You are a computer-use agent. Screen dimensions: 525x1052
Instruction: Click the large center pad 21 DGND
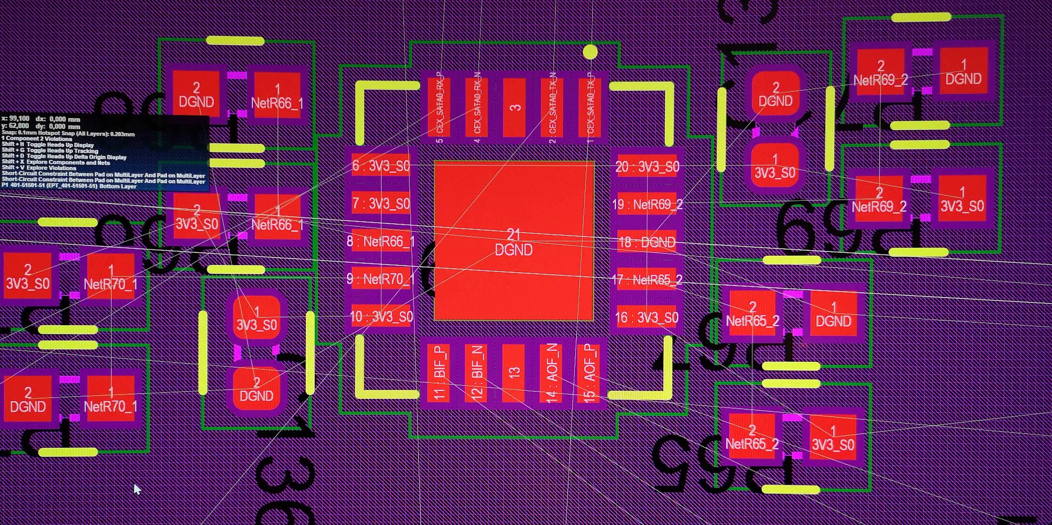coord(513,241)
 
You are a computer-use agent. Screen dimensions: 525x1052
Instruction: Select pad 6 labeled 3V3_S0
coord(381,166)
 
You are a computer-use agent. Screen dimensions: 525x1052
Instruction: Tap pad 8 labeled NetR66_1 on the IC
coord(381,242)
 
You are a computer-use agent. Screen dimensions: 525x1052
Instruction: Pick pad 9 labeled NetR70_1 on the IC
coord(381,279)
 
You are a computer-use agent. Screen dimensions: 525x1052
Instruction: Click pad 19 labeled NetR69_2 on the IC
coord(647,204)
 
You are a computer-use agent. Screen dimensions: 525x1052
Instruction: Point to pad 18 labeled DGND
coord(647,242)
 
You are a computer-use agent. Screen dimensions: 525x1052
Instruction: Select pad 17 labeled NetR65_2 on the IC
coord(647,280)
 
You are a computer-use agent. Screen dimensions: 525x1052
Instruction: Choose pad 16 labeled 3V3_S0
coord(647,317)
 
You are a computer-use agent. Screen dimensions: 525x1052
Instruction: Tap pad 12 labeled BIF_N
coord(476,372)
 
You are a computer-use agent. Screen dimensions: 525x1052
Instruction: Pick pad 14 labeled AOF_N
coord(551,372)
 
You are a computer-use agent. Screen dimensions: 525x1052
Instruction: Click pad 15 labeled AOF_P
coord(589,372)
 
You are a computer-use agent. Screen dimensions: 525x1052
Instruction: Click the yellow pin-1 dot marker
coord(590,52)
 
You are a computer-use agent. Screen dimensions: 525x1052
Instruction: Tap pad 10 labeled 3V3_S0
coord(381,317)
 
